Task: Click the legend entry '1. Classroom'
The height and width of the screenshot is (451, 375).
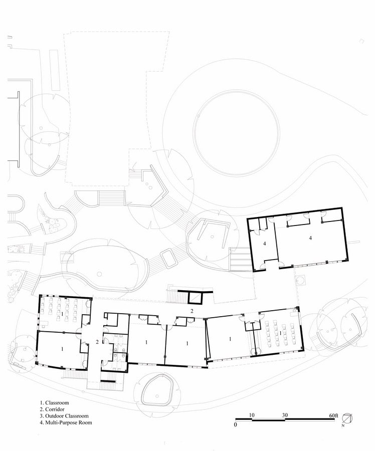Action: [x=54, y=403]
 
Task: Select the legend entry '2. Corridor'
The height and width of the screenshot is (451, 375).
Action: [x=52, y=409]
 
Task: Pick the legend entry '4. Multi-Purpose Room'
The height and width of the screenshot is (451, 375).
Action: [x=66, y=422]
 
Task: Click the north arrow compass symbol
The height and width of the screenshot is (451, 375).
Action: [x=347, y=418]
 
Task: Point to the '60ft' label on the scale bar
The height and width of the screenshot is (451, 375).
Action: [x=334, y=415]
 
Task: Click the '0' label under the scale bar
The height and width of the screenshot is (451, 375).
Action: [x=236, y=424]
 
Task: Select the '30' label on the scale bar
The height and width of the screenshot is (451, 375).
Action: [x=285, y=415]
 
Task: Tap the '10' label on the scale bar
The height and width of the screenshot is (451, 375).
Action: [x=252, y=415]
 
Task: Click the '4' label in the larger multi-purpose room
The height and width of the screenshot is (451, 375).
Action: [x=310, y=238]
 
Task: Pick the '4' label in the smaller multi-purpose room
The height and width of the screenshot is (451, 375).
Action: [x=264, y=244]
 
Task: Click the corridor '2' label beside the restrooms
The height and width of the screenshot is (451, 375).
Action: [x=97, y=342]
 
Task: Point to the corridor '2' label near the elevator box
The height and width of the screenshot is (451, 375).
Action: [x=192, y=311]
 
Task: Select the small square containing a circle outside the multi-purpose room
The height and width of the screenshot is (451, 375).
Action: [x=300, y=280]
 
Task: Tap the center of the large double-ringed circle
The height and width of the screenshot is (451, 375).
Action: [x=237, y=133]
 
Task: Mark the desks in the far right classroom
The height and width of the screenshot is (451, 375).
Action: [x=281, y=333]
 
